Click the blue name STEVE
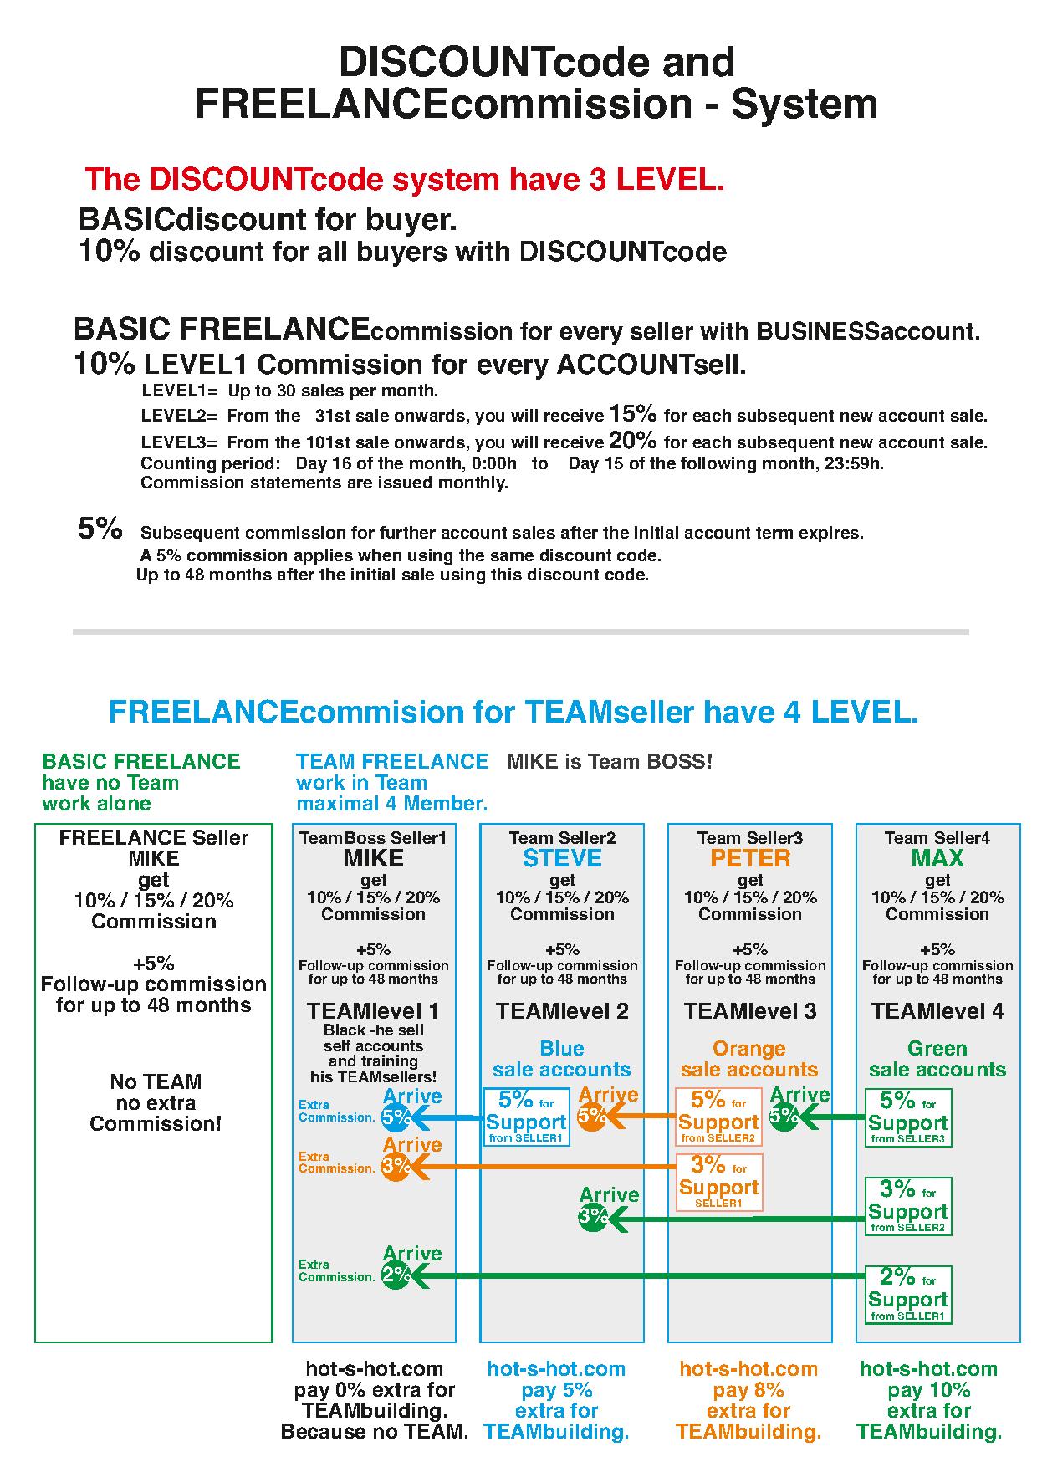[562, 858]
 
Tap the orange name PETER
[750, 858]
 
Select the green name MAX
[937, 858]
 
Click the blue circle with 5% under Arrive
[396, 1117]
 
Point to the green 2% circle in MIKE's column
[396, 1275]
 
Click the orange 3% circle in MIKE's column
[396, 1166]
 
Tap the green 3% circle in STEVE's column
[593, 1216]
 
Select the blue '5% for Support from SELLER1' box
[526, 1117]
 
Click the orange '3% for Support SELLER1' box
[718, 1181]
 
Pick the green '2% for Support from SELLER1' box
[908, 1294]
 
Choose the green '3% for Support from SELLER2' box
[908, 1206]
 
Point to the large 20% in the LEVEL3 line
[633, 440]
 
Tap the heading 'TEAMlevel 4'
[937, 1011]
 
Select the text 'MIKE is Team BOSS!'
[610, 762]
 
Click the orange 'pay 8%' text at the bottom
[748, 1390]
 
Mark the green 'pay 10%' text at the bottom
[929, 1390]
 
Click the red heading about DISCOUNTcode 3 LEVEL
[405, 179]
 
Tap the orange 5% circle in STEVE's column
[593, 1116]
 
